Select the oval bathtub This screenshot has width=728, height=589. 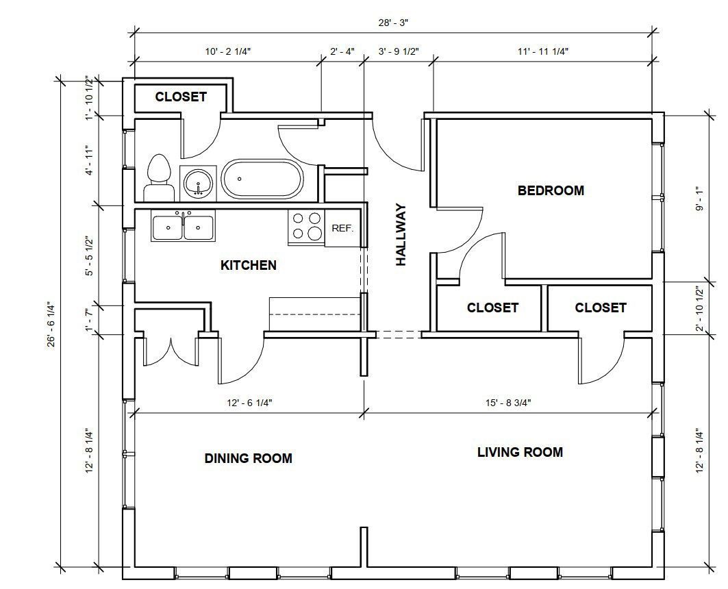click(x=262, y=179)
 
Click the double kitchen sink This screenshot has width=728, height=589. click(x=183, y=227)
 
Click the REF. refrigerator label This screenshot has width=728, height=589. click(x=342, y=228)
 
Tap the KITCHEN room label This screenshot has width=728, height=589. click(x=249, y=266)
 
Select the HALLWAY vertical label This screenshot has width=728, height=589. click(x=401, y=235)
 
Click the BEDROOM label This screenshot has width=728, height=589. click(x=551, y=190)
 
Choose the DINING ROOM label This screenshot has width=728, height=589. click(x=249, y=459)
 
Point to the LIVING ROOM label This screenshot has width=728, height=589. click(x=520, y=452)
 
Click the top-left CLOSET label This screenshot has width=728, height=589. click(x=181, y=97)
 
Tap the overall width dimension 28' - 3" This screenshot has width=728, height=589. click(x=393, y=23)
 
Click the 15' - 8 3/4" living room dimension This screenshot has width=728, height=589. click(x=508, y=403)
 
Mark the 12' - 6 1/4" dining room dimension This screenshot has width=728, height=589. click(x=249, y=403)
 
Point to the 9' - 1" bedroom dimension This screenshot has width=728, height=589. click(x=699, y=198)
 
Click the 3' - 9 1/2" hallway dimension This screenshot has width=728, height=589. click(x=399, y=51)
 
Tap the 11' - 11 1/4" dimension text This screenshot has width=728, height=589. click(x=543, y=51)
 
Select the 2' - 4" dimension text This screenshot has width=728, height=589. click(x=342, y=51)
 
